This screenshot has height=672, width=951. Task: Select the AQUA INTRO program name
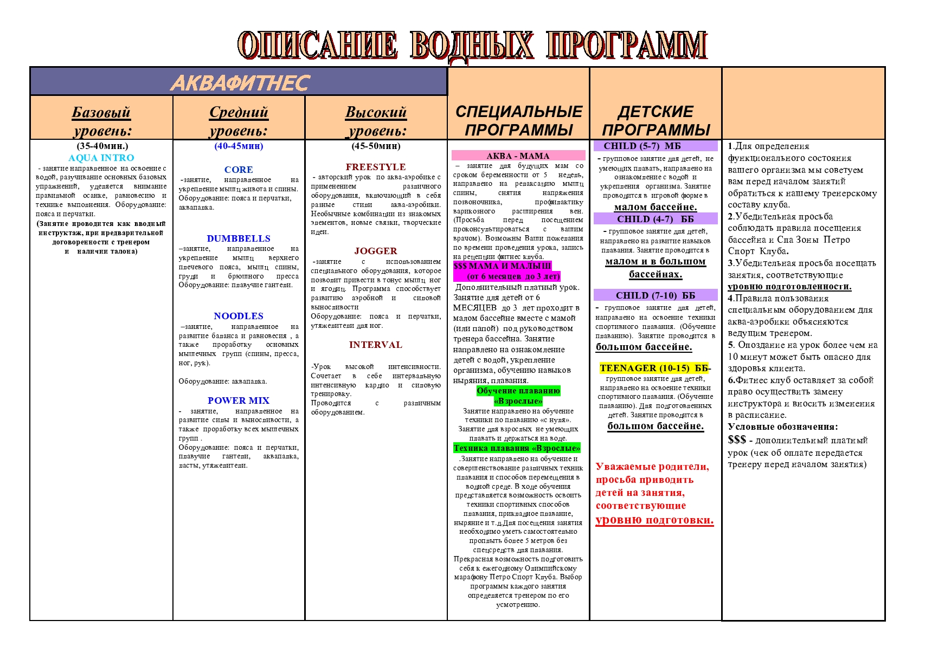pyautogui.click(x=101, y=158)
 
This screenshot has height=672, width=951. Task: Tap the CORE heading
pyautogui.click(x=239, y=170)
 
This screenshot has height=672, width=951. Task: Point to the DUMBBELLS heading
pyautogui.click(x=239, y=238)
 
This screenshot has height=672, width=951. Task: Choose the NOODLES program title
pyautogui.click(x=239, y=316)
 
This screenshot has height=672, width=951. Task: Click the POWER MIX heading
pyautogui.click(x=239, y=400)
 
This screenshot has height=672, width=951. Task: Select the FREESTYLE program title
pyautogui.click(x=376, y=167)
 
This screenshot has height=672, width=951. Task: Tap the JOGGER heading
pyautogui.click(x=376, y=251)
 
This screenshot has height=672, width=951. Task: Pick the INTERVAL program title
pyautogui.click(x=376, y=345)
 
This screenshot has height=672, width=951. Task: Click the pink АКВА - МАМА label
pyautogui.click(x=518, y=156)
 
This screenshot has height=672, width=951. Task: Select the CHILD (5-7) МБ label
pyautogui.click(x=642, y=146)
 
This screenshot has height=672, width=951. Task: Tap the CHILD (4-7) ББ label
pyautogui.click(x=655, y=219)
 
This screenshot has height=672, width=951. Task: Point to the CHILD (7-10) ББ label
pyautogui.click(x=655, y=295)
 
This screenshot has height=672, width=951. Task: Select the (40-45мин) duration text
pyautogui.click(x=239, y=146)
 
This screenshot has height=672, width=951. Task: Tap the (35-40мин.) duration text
pyautogui.click(x=102, y=146)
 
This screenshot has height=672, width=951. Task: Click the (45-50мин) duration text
pyautogui.click(x=376, y=146)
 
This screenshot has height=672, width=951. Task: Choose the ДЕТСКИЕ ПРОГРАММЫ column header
pyautogui.click(x=656, y=120)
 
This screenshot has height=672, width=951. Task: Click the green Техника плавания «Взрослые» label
pyautogui.click(x=517, y=448)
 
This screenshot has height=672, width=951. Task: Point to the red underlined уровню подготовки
pyautogui.click(x=654, y=520)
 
